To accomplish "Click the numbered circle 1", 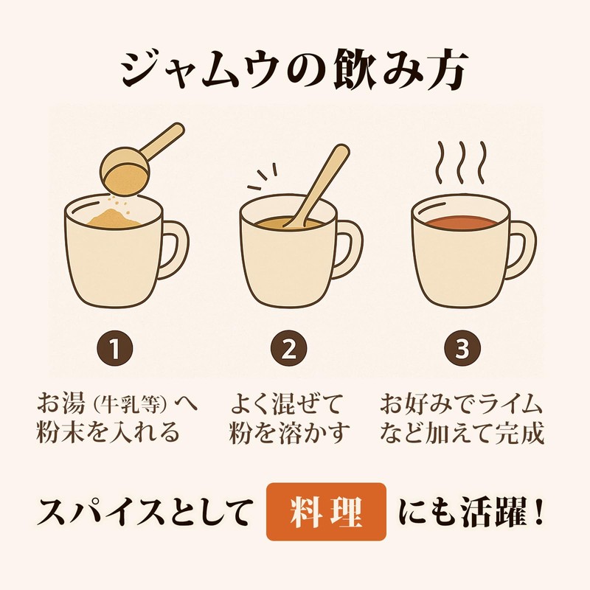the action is tap(115, 349).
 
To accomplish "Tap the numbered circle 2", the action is tap(288, 349).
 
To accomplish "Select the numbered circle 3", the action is tap(462, 349).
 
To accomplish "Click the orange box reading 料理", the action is tap(326, 512).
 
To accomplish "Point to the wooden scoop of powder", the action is tap(136, 162).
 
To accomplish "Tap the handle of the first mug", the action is tap(174, 249).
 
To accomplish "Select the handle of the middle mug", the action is tap(349, 249).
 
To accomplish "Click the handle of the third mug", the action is tap(522, 249).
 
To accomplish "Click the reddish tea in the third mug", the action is tap(462, 223).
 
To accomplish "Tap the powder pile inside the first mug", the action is tap(113, 218).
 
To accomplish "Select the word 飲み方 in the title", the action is tap(401, 70).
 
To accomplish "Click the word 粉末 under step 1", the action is tap(61, 432).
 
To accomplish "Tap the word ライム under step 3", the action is tap(504, 403).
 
